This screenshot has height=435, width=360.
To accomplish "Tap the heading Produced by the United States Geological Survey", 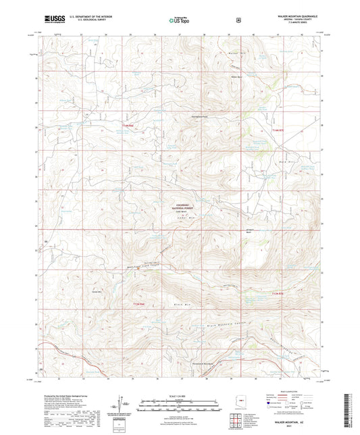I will (71, 394).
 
